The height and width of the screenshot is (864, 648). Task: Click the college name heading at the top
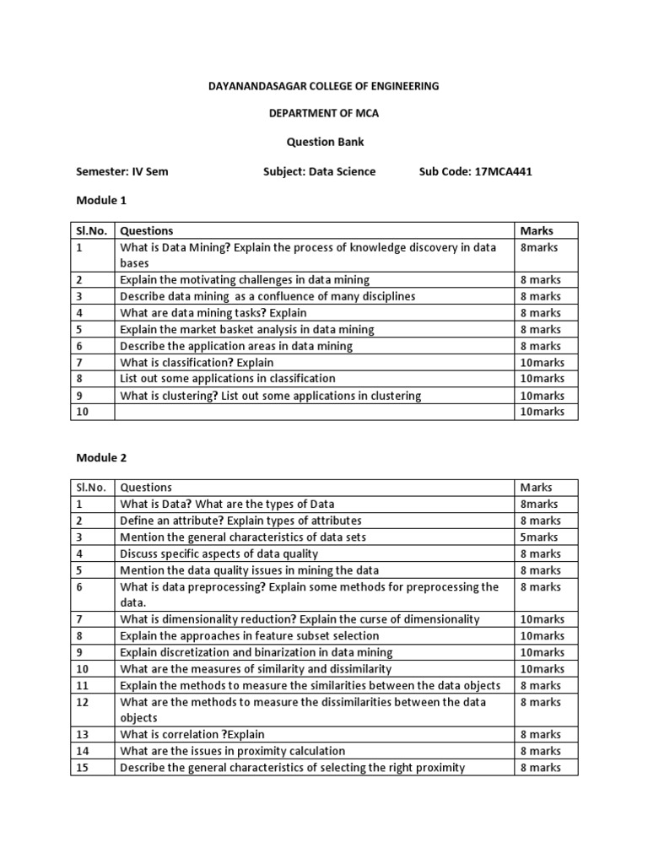point(324,86)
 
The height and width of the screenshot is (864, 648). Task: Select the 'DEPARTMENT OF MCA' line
point(324,114)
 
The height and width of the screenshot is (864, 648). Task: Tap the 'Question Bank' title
point(324,143)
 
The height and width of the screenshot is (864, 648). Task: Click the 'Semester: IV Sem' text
point(122,171)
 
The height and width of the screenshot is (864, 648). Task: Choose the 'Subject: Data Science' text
point(319,171)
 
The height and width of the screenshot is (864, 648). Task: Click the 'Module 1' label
point(101,200)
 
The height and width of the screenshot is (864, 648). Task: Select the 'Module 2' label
point(101,456)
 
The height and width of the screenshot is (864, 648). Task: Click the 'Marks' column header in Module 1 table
point(537,230)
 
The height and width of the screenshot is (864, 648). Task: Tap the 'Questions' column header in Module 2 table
point(146,487)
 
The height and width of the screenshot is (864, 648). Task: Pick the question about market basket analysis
point(246,329)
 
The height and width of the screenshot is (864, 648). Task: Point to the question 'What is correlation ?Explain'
point(192,734)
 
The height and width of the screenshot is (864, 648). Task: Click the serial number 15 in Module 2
point(83,767)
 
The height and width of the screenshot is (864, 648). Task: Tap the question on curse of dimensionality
point(300,618)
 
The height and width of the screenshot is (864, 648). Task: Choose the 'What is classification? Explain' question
point(197,362)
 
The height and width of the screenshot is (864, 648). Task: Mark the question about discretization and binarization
point(256,652)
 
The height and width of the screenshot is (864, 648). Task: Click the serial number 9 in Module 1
point(79,395)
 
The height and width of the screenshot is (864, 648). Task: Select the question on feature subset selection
point(249,635)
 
